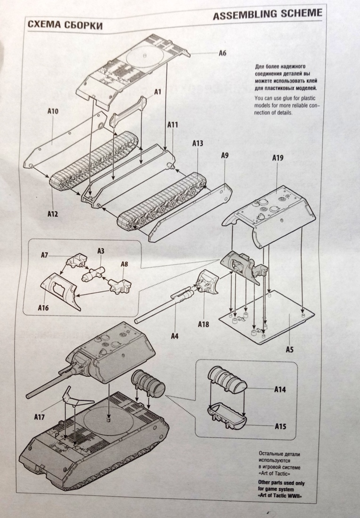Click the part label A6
coord(223,53)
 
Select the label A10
coord(53,112)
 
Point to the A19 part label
coord(278,159)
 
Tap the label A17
coord(40,416)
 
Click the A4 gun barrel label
coord(175,335)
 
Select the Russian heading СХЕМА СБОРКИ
coord(65,25)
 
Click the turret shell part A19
coord(273,212)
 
